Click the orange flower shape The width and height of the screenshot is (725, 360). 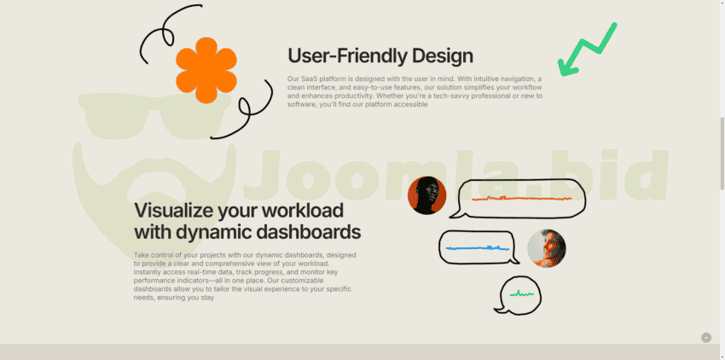[206, 70]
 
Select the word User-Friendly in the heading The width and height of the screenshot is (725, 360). [347, 55]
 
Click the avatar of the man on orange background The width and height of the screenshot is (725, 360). [426, 195]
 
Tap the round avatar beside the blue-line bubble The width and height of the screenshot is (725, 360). [547, 248]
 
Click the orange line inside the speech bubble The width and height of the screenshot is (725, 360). [521, 199]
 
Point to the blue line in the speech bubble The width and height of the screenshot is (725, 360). [478, 248]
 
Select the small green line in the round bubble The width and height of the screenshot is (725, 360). [521, 293]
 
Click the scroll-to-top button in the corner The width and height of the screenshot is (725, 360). [706, 338]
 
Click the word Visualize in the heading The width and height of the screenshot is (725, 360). [173, 211]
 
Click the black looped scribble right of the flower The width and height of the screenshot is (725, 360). [250, 111]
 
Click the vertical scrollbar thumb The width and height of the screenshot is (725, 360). [722, 154]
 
